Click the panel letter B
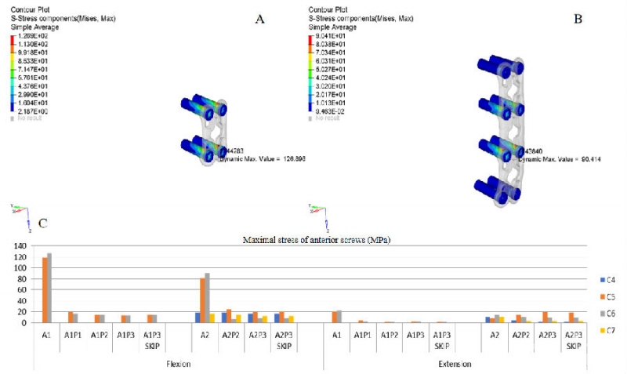coord(578,16)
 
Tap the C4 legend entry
coord(608,279)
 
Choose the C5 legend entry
coord(608,296)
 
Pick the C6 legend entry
coord(608,312)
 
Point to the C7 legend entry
coord(608,329)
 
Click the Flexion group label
coord(178,364)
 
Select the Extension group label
coord(454,364)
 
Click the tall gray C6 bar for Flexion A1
coord(49,288)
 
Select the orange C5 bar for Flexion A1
coord(45,290)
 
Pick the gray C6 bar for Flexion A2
coord(207,298)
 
